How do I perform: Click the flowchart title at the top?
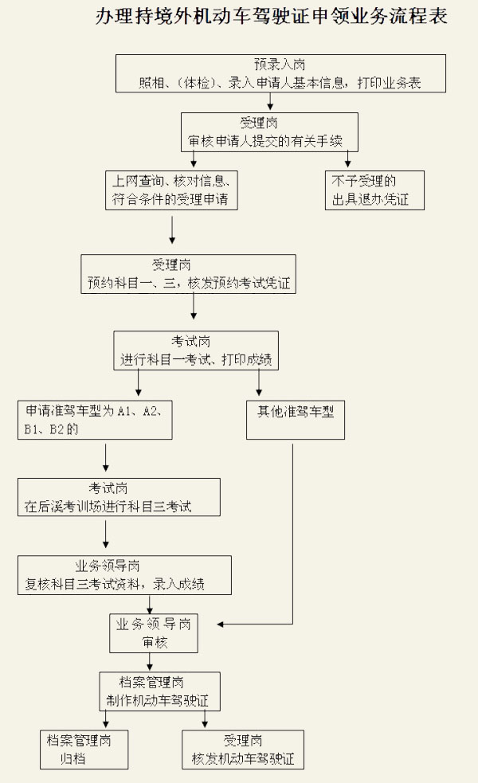point(271,18)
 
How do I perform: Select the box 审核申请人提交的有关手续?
point(269,131)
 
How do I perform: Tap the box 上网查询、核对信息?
point(172,190)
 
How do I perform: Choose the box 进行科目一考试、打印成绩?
point(196,350)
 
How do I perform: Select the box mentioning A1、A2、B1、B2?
point(96,420)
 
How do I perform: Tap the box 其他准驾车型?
point(296,420)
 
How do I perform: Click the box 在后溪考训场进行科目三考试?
point(119,497)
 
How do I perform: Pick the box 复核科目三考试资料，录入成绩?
point(125,575)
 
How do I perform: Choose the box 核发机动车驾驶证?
point(243,750)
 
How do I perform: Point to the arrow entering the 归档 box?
point(106,721)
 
